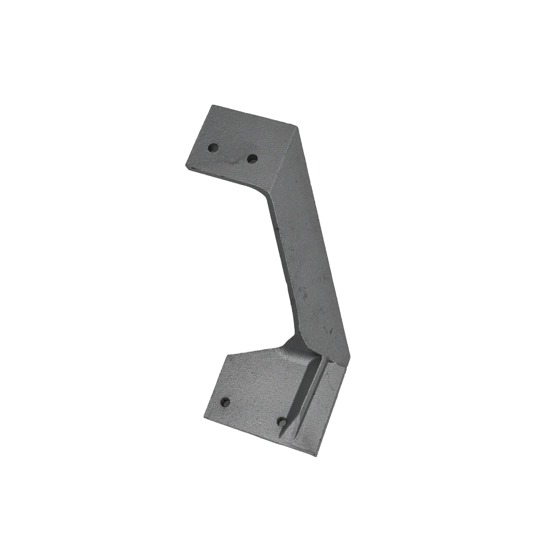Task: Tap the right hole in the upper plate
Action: (252, 159)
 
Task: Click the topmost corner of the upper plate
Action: (212, 106)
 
